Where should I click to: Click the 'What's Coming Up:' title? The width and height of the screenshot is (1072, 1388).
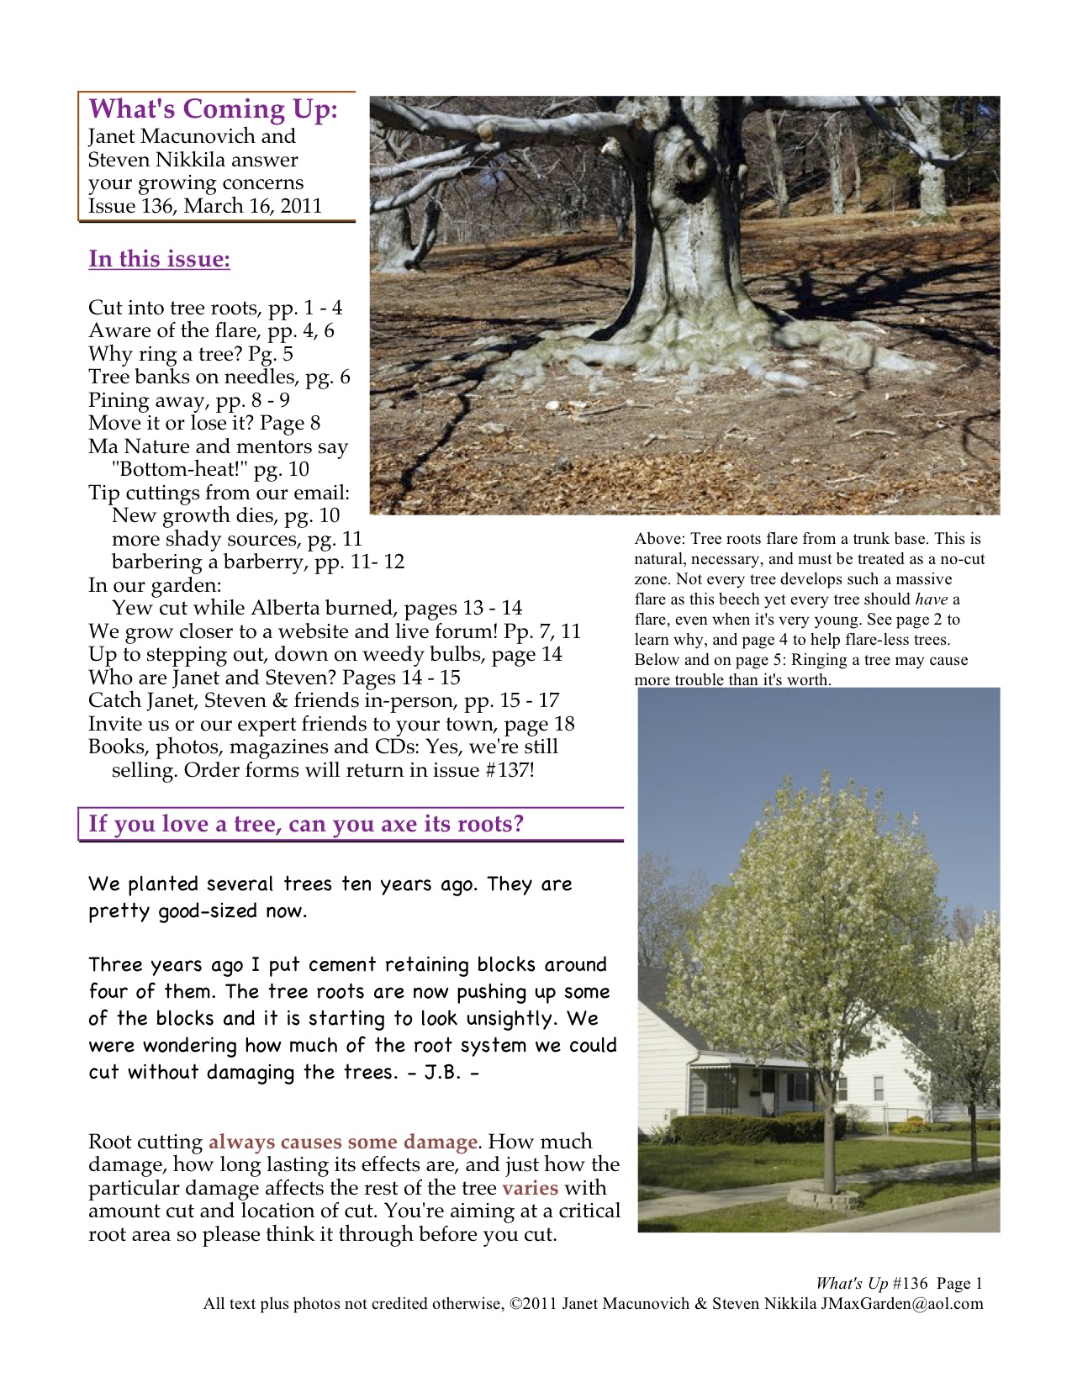[213, 109]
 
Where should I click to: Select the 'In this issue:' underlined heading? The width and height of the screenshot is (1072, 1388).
[159, 259]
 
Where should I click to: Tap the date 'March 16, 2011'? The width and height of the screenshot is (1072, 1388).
[253, 206]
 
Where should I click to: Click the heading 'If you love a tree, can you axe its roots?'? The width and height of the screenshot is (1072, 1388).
[306, 824]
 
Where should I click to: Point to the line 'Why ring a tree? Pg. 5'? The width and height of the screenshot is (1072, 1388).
[191, 354]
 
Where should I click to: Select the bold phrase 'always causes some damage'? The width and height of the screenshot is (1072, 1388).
[343, 1142]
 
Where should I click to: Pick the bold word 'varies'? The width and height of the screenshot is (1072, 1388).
[530, 1188]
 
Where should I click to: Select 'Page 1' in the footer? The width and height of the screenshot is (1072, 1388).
[959, 1284]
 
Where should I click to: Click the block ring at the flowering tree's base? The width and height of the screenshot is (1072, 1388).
[823, 1196]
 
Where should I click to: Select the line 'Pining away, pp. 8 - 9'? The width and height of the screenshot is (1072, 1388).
[189, 400]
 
